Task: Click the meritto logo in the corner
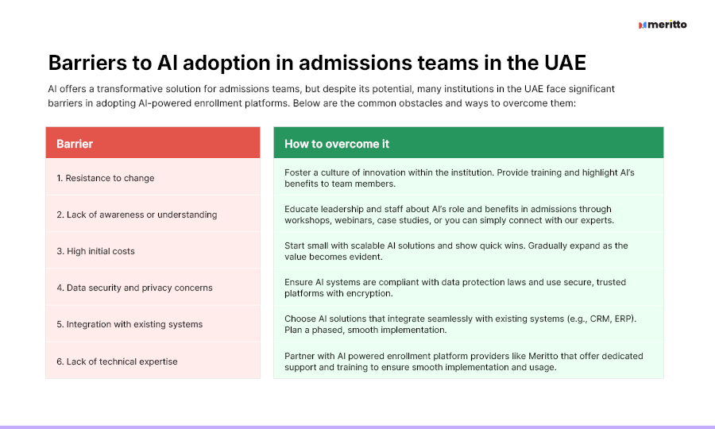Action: (x=663, y=25)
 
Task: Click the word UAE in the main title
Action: (x=565, y=63)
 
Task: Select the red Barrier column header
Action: (x=153, y=143)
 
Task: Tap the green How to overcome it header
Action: (x=468, y=143)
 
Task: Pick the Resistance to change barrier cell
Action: (x=153, y=177)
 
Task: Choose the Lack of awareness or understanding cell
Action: (x=153, y=214)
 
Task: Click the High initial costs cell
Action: (x=153, y=250)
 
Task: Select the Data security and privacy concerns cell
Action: (x=153, y=288)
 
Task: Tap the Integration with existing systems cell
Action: (x=153, y=323)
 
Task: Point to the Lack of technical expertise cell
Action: (x=153, y=361)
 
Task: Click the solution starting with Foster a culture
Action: (x=459, y=178)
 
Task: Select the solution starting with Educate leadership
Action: (x=449, y=214)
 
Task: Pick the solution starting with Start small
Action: (x=456, y=251)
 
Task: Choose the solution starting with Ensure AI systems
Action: (x=455, y=288)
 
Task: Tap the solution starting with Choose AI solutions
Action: (x=460, y=323)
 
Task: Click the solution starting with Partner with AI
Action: (x=464, y=361)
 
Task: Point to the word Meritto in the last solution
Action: (x=543, y=356)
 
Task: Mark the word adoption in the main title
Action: (x=226, y=64)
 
